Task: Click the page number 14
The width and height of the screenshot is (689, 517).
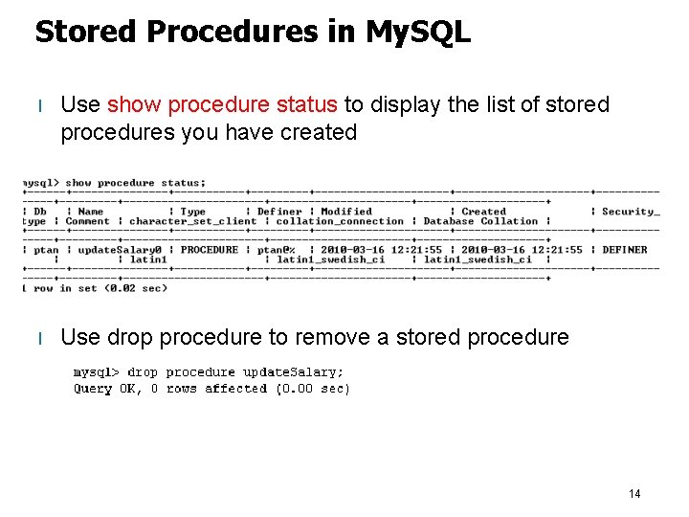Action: click(634, 494)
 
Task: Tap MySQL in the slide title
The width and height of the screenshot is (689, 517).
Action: click(418, 33)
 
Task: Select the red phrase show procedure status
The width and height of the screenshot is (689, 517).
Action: click(222, 104)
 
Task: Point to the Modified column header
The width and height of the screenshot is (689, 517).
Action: click(346, 212)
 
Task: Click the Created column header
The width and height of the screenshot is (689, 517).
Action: click(483, 212)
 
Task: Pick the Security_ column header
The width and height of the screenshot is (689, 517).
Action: click(631, 212)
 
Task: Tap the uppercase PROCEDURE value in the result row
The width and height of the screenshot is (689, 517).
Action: click(210, 250)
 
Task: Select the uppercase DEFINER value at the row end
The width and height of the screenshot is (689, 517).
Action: click(624, 250)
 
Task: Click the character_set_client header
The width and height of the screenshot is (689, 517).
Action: click(192, 221)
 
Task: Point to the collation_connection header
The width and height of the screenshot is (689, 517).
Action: click(341, 221)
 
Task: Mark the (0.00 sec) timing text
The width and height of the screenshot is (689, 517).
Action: click(313, 389)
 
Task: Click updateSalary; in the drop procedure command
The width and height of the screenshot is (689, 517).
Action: click(293, 372)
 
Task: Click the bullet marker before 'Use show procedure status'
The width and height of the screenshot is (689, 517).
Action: click(39, 105)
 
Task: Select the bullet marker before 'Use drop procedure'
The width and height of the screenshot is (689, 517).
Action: click(39, 338)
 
